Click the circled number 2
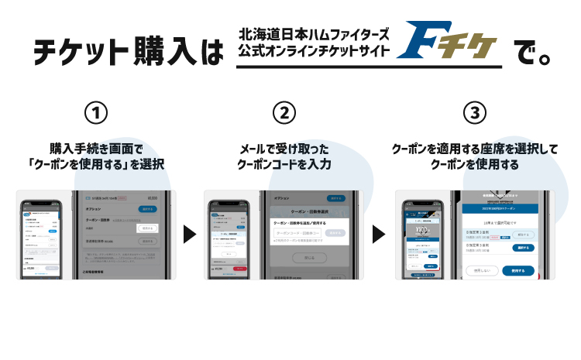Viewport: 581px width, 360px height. click(x=284, y=114)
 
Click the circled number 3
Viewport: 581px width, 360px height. click(x=474, y=114)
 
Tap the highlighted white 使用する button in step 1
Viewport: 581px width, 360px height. click(x=148, y=228)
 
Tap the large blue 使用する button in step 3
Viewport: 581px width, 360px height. click(x=518, y=271)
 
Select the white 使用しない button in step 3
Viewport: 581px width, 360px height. click(x=481, y=271)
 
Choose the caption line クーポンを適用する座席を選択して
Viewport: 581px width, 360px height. click(x=474, y=149)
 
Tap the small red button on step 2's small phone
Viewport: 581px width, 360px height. click(x=241, y=268)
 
